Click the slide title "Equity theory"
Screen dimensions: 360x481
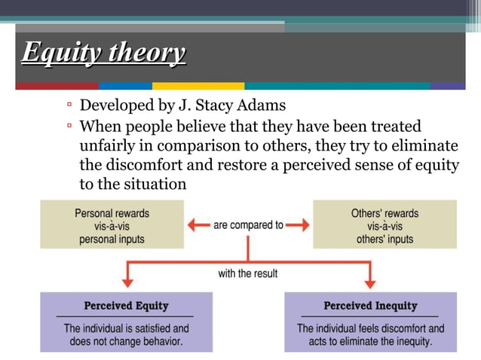click(103, 53)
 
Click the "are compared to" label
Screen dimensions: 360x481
click(248, 224)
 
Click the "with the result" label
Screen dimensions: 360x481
click(248, 273)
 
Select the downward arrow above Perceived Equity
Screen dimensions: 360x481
click(127, 280)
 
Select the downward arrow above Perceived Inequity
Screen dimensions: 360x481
click(369, 280)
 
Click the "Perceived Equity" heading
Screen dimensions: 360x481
click(126, 307)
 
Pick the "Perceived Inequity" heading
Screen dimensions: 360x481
click(369, 307)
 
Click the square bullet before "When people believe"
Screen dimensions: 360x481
click(69, 127)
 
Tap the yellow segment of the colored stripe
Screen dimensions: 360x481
click(198, 86)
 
